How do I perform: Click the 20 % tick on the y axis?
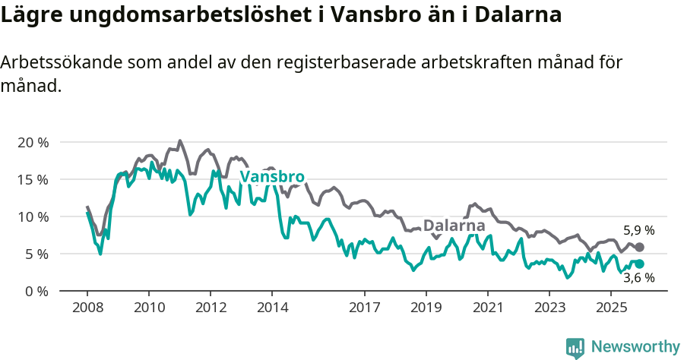[x=33, y=143]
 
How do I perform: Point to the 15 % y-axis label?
[x=33, y=180]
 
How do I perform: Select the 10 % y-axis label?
[x=33, y=217]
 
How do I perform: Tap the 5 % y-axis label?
[x=36, y=254]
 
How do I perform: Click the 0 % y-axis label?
[x=36, y=292]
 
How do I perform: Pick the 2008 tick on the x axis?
[x=87, y=309]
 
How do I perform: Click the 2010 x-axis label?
[x=148, y=309]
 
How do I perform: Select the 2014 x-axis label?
[x=272, y=309]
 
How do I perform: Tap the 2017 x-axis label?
[x=364, y=309]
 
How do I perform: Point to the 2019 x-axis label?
[x=426, y=309]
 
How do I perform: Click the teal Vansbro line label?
[x=272, y=178]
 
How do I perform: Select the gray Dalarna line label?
[x=454, y=226]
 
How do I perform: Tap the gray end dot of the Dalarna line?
[x=640, y=248]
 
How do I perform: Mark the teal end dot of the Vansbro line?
[x=640, y=264]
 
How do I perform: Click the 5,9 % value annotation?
[x=638, y=231]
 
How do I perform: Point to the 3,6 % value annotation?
[x=638, y=278]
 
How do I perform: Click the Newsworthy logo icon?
[x=575, y=347]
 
